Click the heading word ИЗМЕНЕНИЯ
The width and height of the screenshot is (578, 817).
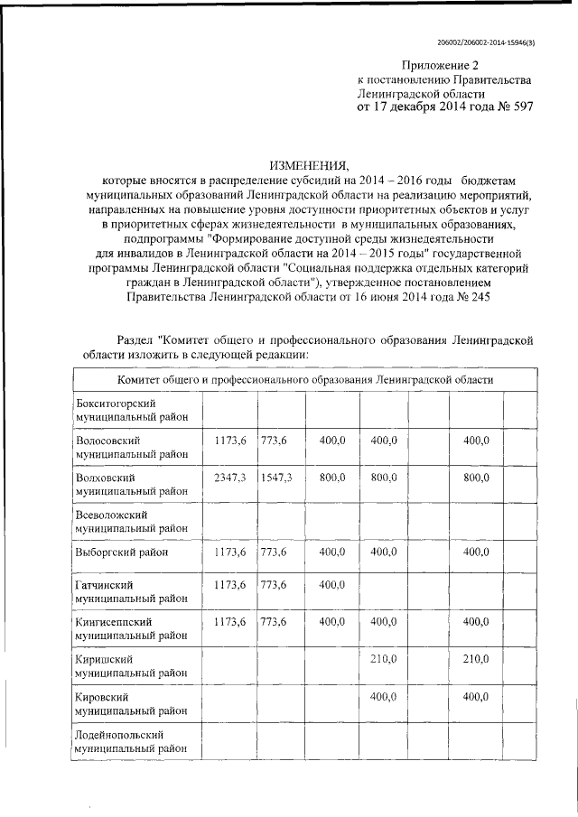(x=310, y=165)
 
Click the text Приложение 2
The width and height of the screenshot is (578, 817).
(x=438, y=65)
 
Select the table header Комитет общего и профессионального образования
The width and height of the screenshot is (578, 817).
(x=303, y=380)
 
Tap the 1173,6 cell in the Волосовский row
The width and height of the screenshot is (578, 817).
(x=229, y=440)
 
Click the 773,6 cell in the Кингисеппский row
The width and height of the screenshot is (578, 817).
(x=274, y=623)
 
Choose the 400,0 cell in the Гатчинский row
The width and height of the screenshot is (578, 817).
(x=332, y=586)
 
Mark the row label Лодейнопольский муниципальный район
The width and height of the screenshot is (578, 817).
(x=132, y=741)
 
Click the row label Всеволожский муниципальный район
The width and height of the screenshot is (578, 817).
(x=132, y=520)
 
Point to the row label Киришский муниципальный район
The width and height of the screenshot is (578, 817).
(x=132, y=666)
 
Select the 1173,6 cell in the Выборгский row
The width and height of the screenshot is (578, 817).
(x=229, y=551)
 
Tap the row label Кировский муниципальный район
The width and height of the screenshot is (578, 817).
(x=132, y=704)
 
